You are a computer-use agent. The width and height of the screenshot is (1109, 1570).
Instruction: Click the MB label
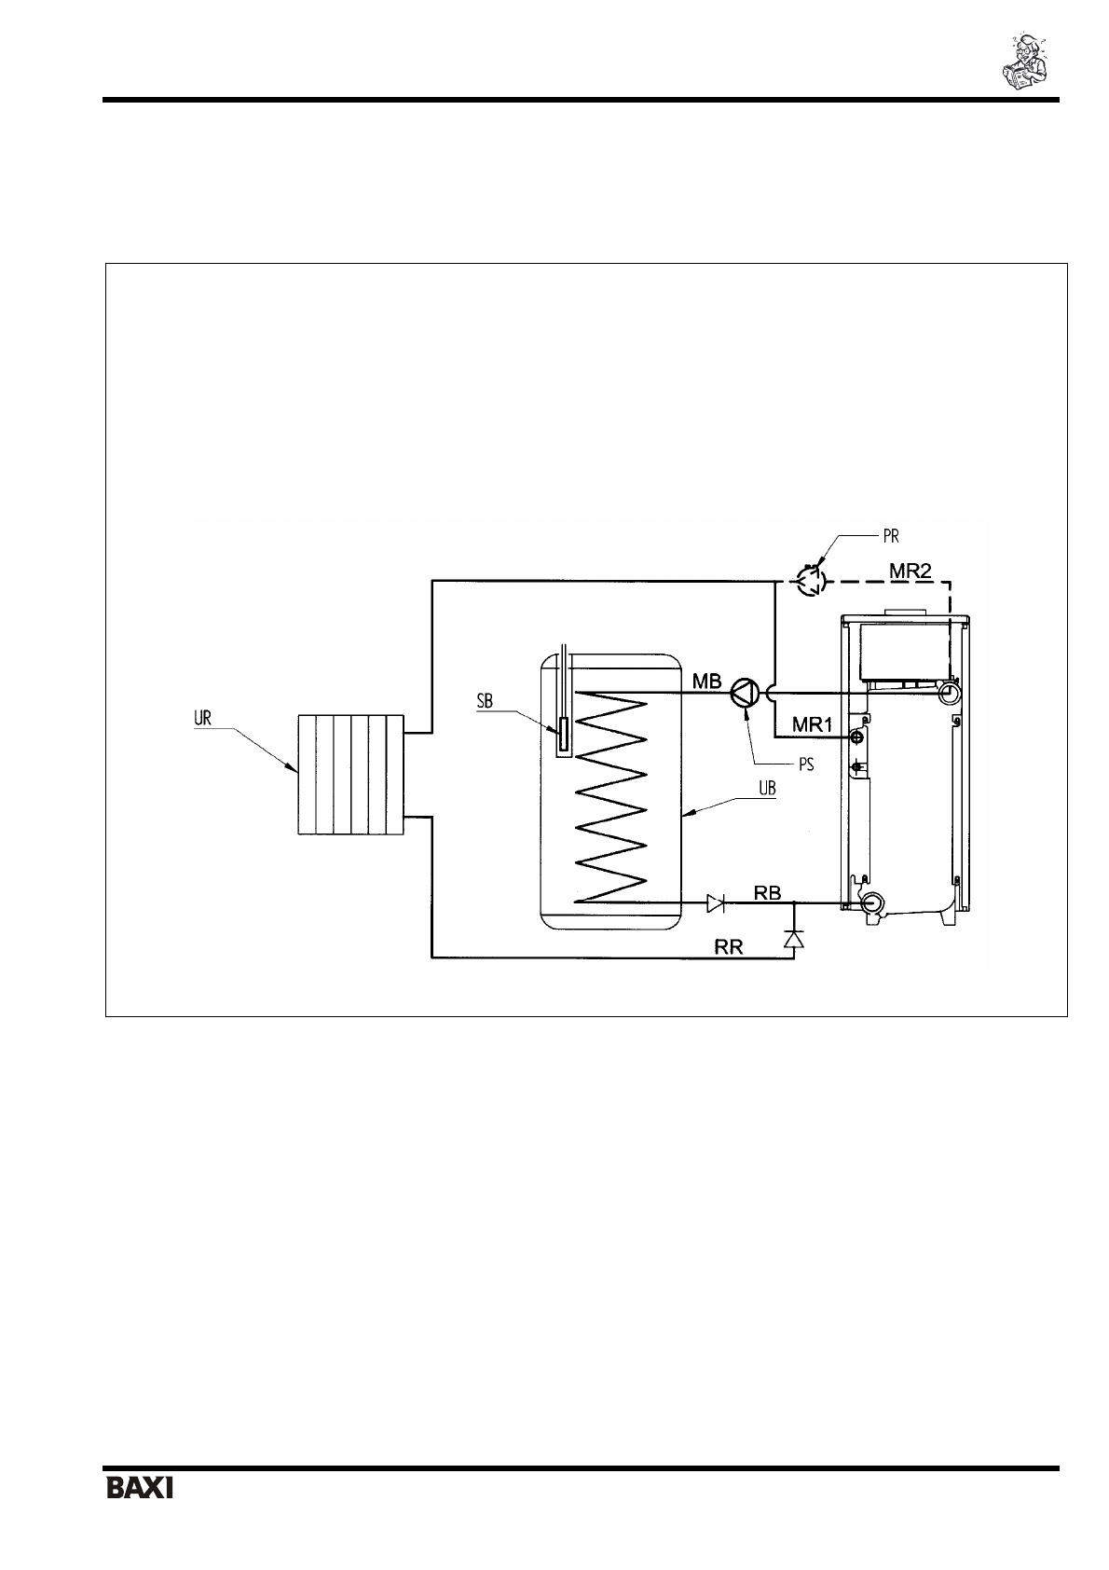tap(706, 682)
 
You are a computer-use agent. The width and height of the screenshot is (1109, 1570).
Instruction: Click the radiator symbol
tap(350, 775)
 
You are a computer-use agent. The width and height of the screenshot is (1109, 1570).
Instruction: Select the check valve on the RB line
tap(716, 902)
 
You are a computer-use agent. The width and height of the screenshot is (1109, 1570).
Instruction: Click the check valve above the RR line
tap(793, 939)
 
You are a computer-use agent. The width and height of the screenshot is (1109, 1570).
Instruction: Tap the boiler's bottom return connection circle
tap(873, 902)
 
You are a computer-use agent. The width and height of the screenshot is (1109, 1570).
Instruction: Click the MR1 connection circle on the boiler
tap(855, 737)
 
